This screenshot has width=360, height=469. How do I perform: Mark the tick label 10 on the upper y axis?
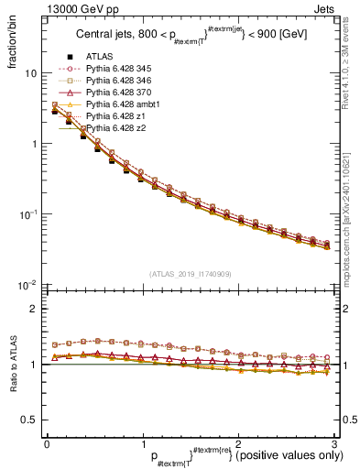pyautogui.click(x=29, y=73)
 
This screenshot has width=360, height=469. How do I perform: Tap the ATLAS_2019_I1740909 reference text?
pyautogui.click(x=190, y=274)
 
